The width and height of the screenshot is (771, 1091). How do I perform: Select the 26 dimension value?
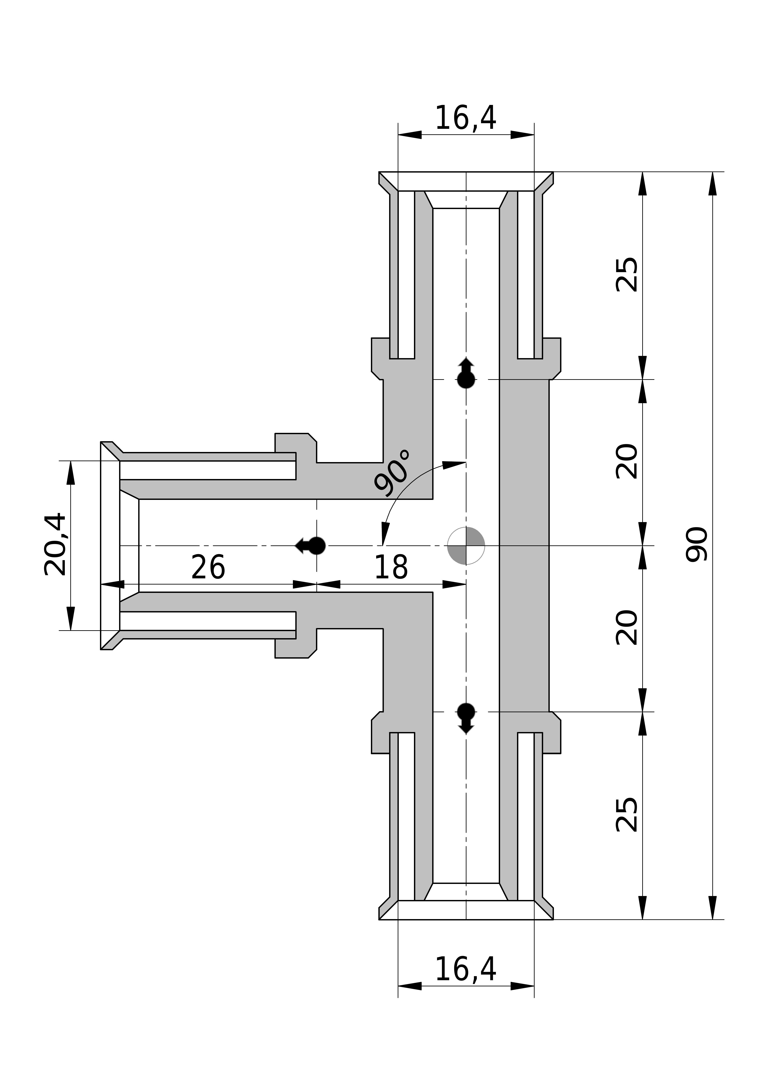(x=208, y=568)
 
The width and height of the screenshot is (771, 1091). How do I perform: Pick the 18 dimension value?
(x=391, y=568)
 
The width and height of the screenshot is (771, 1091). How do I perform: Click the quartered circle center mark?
(x=466, y=546)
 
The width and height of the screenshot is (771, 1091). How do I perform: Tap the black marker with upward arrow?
(x=466, y=373)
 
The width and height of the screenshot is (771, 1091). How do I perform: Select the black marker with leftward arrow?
(x=311, y=546)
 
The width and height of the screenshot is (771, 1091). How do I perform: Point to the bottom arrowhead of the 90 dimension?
(x=713, y=908)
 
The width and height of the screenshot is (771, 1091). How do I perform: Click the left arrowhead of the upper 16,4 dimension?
(x=410, y=135)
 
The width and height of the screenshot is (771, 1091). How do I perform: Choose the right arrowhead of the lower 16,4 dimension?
(x=522, y=986)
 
